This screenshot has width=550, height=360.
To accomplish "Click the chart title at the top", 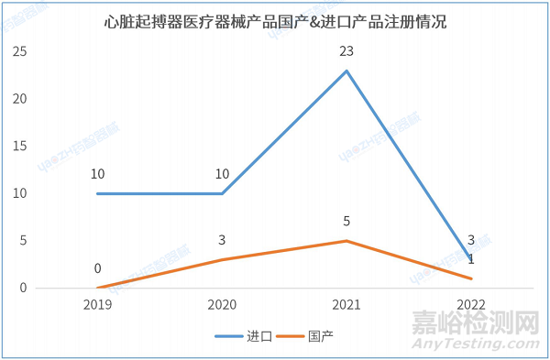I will [275, 20].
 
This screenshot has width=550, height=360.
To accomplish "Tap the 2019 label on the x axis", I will [97, 303].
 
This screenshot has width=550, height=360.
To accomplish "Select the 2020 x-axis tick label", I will [222, 303].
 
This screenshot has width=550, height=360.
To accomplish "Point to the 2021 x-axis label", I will [346, 303].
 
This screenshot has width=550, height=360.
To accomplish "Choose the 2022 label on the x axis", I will [471, 303].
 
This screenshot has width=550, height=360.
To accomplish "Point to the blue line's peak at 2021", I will [346, 71].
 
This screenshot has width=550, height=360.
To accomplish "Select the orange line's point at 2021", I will [346, 241].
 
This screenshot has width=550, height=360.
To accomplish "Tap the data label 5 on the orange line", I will [346, 221].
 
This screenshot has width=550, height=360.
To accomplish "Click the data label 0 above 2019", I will [97, 268].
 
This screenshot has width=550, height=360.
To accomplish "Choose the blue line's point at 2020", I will [222, 193].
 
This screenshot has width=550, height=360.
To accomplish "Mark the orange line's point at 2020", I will [222, 259].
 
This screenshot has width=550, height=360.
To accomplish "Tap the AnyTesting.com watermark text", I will [467, 344].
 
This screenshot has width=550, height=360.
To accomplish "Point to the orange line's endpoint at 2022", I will [471, 278].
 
